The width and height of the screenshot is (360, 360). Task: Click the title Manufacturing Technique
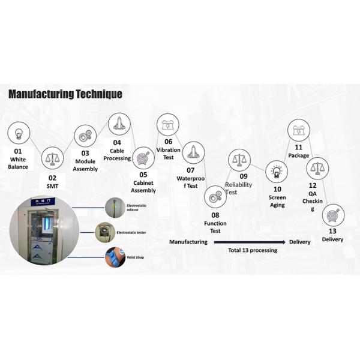[x=65, y=94]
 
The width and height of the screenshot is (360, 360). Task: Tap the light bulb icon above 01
[x=19, y=133]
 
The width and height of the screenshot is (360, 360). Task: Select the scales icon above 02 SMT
[x=52, y=159]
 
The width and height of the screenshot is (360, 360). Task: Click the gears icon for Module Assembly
[x=85, y=136]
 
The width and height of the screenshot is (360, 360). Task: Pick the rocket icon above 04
[x=119, y=124]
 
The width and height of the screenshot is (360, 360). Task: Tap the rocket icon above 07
[x=193, y=153]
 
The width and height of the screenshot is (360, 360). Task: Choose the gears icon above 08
[x=215, y=196]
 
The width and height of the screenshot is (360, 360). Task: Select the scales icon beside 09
[x=239, y=160]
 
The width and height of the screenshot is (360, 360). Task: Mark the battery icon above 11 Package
[x=298, y=130]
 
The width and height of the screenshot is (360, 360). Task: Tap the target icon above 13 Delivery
[x=333, y=215]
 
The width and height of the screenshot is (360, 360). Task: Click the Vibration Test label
[x=169, y=153]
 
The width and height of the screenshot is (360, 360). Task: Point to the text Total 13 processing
[x=253, y=250]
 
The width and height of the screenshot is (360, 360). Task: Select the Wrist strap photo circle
[x=115, y=257]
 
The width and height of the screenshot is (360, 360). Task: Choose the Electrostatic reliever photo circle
[x=115, y=208]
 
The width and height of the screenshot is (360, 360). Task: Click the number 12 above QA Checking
[x=313, y=185]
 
